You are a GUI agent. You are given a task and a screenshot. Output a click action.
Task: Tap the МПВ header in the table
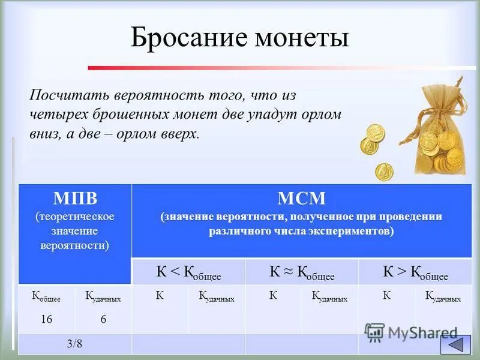(75, 199)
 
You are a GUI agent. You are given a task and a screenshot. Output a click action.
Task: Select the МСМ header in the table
(301, 199)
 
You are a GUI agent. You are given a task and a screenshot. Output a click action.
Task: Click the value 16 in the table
(46, 320)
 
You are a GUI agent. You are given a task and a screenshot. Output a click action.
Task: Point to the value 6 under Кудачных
(103, 320)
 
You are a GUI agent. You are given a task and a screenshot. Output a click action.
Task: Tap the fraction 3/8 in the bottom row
(75, 344)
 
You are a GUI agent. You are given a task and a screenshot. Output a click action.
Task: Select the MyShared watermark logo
(411, 332)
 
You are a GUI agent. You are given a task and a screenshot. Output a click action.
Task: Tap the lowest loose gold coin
(384, 172)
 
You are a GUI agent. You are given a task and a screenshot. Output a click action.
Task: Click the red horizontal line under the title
(282, 68)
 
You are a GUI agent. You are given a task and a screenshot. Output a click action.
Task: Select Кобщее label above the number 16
(46, 296)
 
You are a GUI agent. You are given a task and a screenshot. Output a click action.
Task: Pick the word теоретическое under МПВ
(75, 216)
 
